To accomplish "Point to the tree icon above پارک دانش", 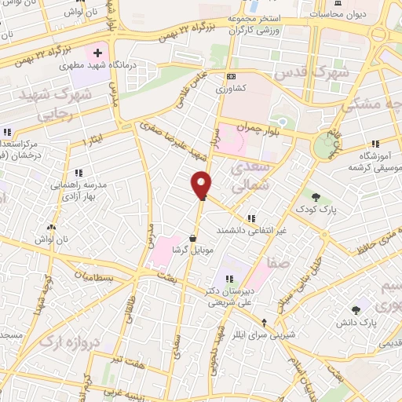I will click(362, 309).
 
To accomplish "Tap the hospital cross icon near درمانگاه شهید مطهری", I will click(97, 53).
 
